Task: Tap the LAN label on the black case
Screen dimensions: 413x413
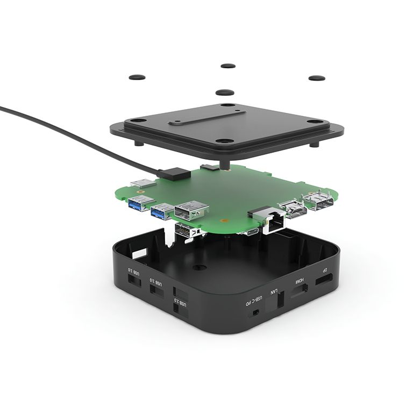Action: pyautogui.click(x=274, y=294)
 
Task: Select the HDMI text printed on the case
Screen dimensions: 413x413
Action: pyautogui.click(x=298, y=282)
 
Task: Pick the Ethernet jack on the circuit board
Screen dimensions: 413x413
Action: pyautogui.click(x=272, y=221)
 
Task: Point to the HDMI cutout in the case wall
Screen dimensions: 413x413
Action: pyautogui.click(x=299, y=291)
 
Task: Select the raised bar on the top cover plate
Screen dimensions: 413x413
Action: pyautogui.click(x=206, y=118)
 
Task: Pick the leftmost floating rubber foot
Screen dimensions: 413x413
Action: pyautogui.click(x=137, y=77)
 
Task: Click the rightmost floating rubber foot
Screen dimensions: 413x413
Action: pyautogui.click(x=316, y=78)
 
